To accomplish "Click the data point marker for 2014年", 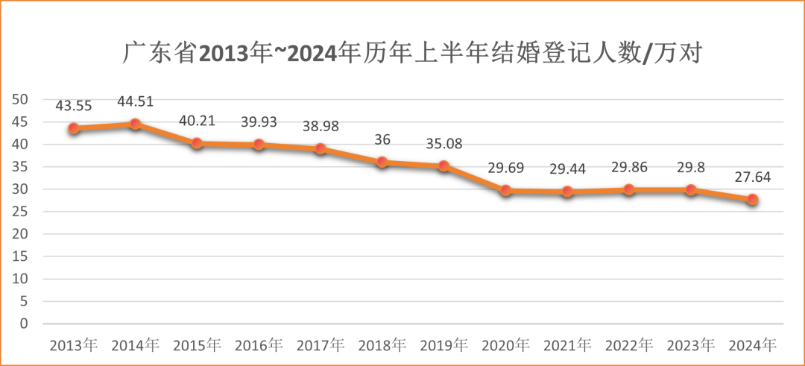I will click(135, 124).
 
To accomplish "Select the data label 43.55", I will click(73, 106).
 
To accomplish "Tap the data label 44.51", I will click(135, 101).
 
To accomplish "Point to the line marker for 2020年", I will click(506, 190).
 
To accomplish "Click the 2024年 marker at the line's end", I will click(753, 200).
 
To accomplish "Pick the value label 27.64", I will click(753, 177).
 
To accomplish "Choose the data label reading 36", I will click(382, 139).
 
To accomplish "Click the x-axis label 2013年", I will click(73, 346).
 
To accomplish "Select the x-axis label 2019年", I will click(444, 346).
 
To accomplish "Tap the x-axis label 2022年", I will click(629, 346).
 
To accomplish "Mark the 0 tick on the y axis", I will click(24, 324).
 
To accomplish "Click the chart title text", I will click(413, 54).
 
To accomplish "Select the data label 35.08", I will click(444, 143).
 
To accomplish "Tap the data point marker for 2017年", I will click(321, 148).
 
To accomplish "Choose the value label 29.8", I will click(691, 167).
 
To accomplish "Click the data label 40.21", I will click(197, 120).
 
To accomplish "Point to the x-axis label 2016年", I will click(259, 346).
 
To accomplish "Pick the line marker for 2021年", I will click(568, 192).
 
